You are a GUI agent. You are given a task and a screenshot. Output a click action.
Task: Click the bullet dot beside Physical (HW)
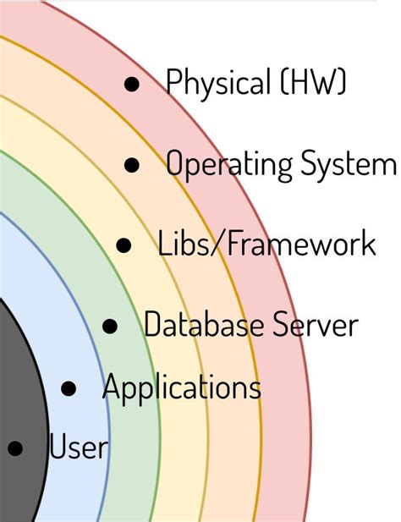pyautogui.click(x=131, y=84)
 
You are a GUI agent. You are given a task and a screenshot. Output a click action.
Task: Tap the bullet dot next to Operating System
pyautogui.click(x=131, y=165)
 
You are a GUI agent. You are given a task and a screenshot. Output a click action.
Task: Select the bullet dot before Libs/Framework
pyautogui.click(x=124, y=246)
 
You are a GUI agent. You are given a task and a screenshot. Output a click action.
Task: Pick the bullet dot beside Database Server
pyautogui.click(x=110, y=325)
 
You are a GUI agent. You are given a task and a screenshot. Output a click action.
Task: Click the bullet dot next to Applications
pyautogui.click(x=69, y=389)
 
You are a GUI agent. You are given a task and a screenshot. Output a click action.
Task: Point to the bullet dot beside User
pyautogui.click(x=15, y=448)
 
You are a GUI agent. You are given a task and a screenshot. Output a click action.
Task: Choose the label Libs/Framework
pyautogui.click(x=266, y=245)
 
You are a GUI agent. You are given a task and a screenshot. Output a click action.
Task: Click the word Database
pyautogui.click(x=203, y=324)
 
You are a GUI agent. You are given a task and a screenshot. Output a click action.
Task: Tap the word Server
pyautogui.click(x=315, y=324)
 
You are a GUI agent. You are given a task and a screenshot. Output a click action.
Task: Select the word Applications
pyautogui.click(x=181, y=388)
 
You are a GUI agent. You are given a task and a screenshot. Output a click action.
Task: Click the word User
pyautogui.click(x=79, y=447)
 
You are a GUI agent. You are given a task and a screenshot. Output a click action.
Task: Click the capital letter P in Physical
pyautogui.click(x=174, y=83)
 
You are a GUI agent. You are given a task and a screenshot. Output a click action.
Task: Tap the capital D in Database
pyautogui.click(x=152, y=324)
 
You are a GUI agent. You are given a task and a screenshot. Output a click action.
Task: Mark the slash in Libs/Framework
pyautogui.click(x=219, y=245)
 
